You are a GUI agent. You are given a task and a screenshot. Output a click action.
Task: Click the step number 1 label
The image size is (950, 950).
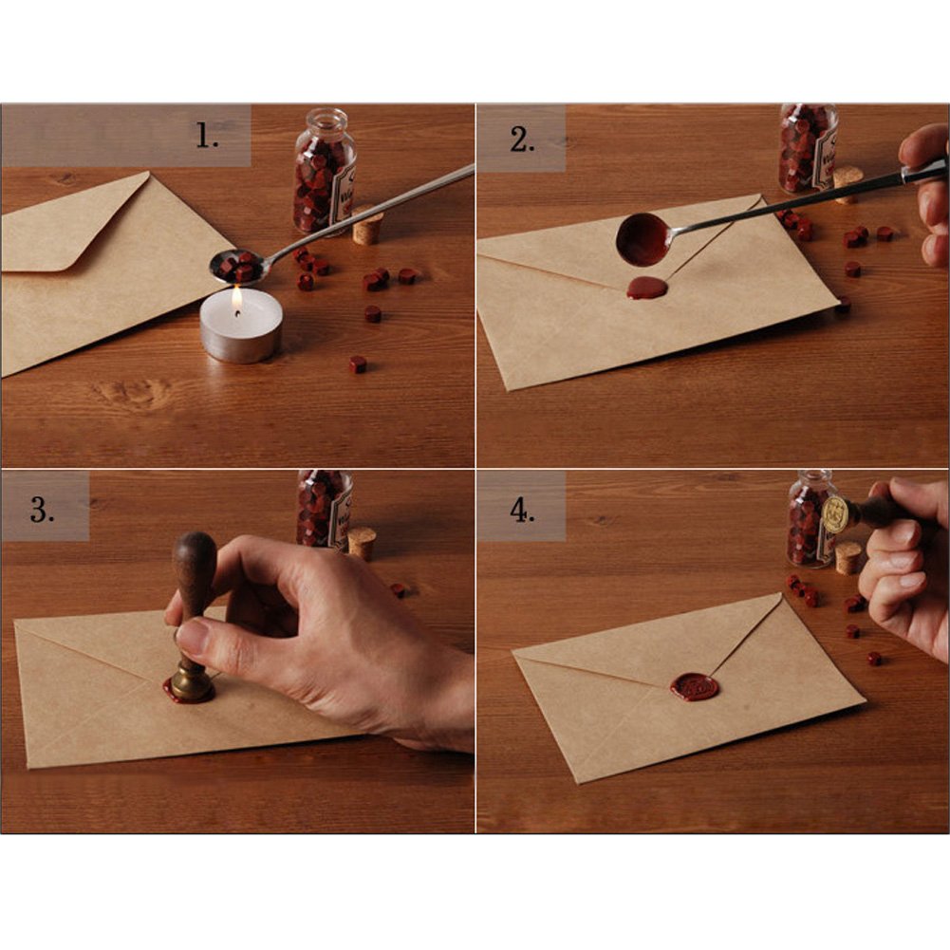pyautogui.click(x=208, y=137)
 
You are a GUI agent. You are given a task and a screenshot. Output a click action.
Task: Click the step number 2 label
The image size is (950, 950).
pyautogui.click(x=522, y=140)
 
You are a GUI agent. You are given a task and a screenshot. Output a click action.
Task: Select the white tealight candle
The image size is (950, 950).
pyautogui.click(x=240, y=327)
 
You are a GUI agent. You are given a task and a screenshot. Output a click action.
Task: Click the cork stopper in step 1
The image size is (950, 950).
pyautogui.click(x=367, y=229)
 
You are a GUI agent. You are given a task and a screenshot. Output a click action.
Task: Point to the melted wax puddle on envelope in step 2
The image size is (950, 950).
pyautogui.click(x=646, y=288)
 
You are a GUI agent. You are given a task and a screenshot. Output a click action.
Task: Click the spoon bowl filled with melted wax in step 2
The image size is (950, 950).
pyautogui.click(x=643, y=239)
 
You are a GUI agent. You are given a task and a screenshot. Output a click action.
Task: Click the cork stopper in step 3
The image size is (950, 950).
pyautogui.click(x=361, y=543)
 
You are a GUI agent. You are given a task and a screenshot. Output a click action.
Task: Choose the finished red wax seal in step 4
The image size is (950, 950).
pyautogui.click(x=695, y=686)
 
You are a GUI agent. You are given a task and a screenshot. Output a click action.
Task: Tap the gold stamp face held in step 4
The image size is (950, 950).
pyautogui.click(x=835, y=514)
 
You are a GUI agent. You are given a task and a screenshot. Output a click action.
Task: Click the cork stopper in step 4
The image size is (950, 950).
pyautogui.click(x=848, y=557)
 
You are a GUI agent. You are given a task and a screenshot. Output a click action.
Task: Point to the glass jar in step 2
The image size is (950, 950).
pyautogui.click(x=808, y=147)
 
